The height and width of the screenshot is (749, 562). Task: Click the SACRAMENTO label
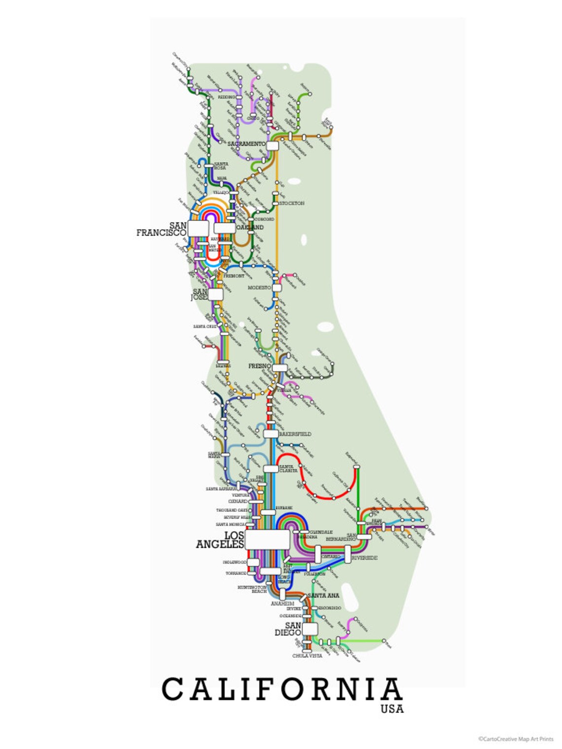click(x=246, y=144)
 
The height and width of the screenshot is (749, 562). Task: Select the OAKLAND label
click(x=250, y=228)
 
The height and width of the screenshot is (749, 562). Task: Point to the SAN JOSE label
click(x=200, y=295)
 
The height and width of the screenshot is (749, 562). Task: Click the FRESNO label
click(x=259, y=366)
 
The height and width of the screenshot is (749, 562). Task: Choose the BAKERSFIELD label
click(x=295, y=434)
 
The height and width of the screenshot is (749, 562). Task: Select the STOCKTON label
click(x=292, y=203)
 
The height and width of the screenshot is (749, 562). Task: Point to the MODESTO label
click(x=259, y=287)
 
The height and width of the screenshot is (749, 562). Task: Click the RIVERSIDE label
click(x=365, y=558)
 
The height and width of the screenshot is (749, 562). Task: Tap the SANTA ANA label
click(x=323, y=596)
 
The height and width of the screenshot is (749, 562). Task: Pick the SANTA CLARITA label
click(x=288, y=469)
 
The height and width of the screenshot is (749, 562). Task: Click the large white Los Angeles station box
click(x=267, y=539)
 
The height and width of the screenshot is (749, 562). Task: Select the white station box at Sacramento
click(x=272, y=146)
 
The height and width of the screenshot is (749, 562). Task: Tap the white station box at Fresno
click(x=280, y=368)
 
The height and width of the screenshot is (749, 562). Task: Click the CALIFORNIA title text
click(x=281, y=689)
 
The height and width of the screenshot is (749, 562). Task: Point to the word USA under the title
click(x=392, y=709)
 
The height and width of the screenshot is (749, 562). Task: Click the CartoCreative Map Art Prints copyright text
click(x=515, y=739)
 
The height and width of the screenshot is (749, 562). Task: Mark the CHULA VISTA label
click(x=307, y=656)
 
